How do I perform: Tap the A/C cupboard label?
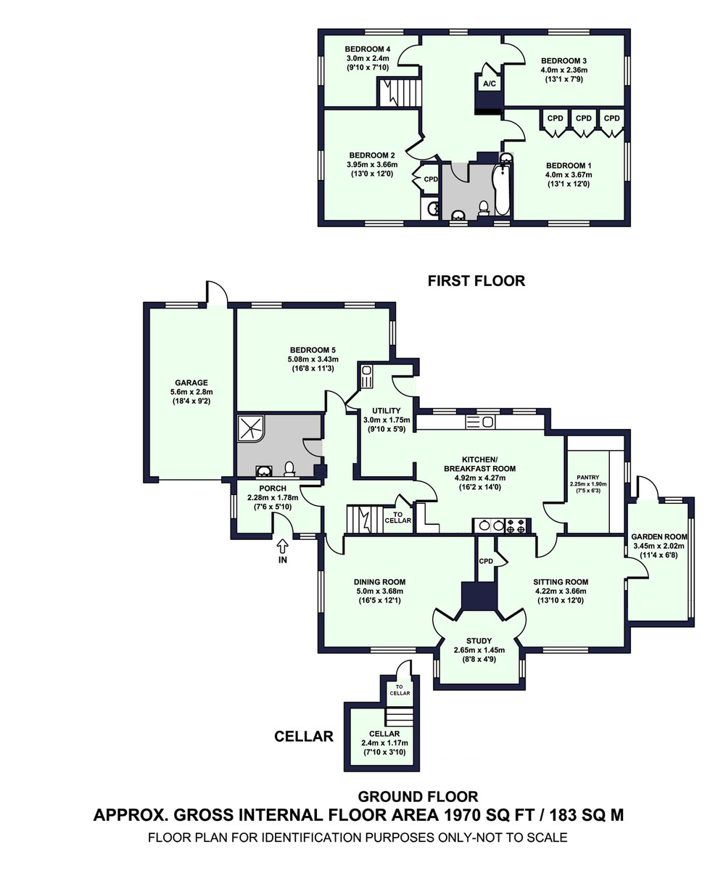point(489,84)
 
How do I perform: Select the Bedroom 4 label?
point(368,49)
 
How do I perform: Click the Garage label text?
point(191,383)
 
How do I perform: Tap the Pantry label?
point(588,476)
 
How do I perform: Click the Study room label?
point(479,641)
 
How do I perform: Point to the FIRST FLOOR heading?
point(476,281)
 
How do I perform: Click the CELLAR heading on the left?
point(303,737)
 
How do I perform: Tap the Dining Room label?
point(379,581)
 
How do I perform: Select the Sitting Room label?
point(561,581)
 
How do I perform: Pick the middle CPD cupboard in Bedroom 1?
point(584,118)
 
